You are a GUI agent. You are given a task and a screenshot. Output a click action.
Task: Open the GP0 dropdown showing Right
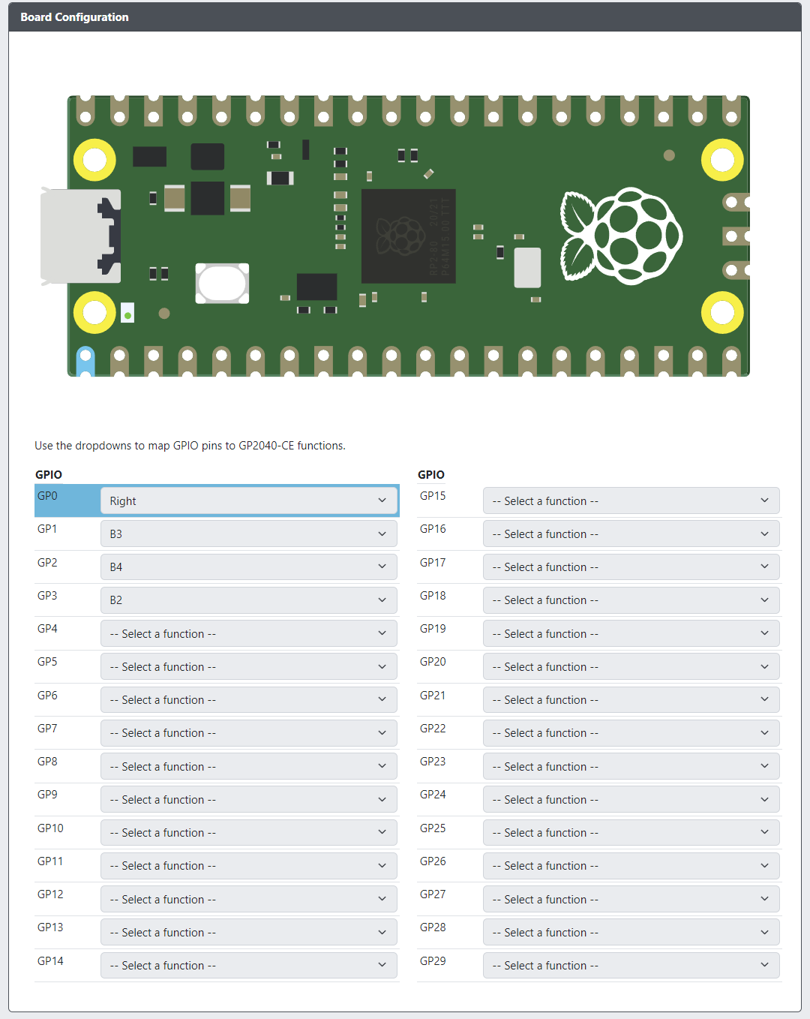pos(248,500)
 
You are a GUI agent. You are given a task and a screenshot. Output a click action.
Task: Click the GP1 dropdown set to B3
pos(248,534)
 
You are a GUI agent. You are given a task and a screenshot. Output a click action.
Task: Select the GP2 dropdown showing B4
pos(248,567)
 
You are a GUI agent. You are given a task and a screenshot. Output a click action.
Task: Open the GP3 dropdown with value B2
pos(248,600)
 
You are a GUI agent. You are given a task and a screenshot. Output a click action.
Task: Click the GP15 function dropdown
pos(631,500)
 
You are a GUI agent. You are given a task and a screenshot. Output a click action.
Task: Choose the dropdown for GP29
pos(631,965)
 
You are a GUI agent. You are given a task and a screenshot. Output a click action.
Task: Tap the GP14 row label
pos(50,960)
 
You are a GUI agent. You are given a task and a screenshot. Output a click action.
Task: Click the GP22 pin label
pos(433,728)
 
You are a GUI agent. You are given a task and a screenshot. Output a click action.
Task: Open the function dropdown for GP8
pos(248,766)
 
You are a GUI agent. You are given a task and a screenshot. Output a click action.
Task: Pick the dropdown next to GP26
pos(631,865)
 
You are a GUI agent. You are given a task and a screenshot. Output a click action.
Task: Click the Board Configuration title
pos(74,17)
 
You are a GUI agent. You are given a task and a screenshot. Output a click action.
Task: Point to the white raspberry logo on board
pos(621,236)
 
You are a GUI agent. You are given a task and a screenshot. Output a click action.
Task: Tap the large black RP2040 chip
pos(408,236)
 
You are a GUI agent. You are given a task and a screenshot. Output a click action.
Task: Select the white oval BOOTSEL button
pos(222,283)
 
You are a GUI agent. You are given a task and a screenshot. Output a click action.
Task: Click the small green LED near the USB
pos(127,315)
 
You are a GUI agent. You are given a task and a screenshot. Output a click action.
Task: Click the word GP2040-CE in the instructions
pos(266,445)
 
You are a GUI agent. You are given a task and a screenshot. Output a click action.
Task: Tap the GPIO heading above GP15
pos(430,474)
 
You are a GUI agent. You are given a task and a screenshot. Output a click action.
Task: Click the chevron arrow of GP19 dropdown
pos(764,633)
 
